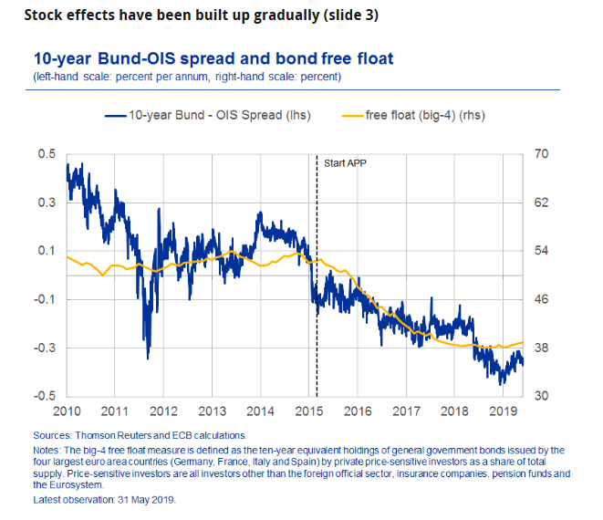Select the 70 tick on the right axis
coord(541,154)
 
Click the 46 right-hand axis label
coord(541,299)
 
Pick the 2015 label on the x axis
coord(309,411)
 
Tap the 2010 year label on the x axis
coord(67,411)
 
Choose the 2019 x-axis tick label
coord(503,411)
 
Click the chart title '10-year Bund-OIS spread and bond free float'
coord(213,59)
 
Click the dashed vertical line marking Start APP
coord(317,274)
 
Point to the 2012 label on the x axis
coord(163,411)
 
